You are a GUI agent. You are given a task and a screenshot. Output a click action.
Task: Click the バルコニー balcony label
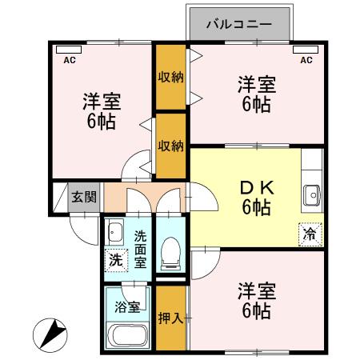pyautogui.click(x=239, y=25)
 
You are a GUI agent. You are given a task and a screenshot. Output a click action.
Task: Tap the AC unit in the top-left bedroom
pyautogui.click(x=69, y=50)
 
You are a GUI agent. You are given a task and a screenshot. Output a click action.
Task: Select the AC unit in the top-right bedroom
pyautogui.click(x=306, y=50)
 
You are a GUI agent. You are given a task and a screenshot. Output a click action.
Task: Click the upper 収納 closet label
pyautogui.click(x=170, y=77)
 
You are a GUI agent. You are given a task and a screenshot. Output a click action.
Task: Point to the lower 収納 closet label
pyautogui.click(x=170, y=146)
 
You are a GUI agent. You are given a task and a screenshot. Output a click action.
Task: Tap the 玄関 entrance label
pyautogui.click(x=84, y=198)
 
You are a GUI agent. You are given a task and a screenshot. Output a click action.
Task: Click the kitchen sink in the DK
pyautogui.click(x=312, y=195)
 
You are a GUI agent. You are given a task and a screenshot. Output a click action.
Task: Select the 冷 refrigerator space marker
pyautogui.click(x=310, y=234)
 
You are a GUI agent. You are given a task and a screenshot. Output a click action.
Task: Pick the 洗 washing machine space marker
pyautogui.click(x=116, y=260)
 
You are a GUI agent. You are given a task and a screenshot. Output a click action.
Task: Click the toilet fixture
pyautogui.click(x=170, y=254)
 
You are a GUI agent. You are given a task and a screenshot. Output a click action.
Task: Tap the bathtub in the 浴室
pyautogui.click(x=128, y=335)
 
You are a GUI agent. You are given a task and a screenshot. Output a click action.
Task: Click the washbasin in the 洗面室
pyautogui.click(x=114, y=232)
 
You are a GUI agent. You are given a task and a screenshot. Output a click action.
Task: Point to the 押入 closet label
pyautogui.click(x=170, y=318)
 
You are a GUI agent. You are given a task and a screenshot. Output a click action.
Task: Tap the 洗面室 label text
pyautogui.click(x=140, y=249)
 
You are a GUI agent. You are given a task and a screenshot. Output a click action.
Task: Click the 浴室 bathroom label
pyautogui.click(x=127, y=307)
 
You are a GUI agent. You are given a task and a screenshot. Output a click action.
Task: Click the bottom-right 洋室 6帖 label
pyautogui.click(x=257, y=302)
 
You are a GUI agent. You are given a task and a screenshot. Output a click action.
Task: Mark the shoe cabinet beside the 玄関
pyautogui.click(x=60, y=198)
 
